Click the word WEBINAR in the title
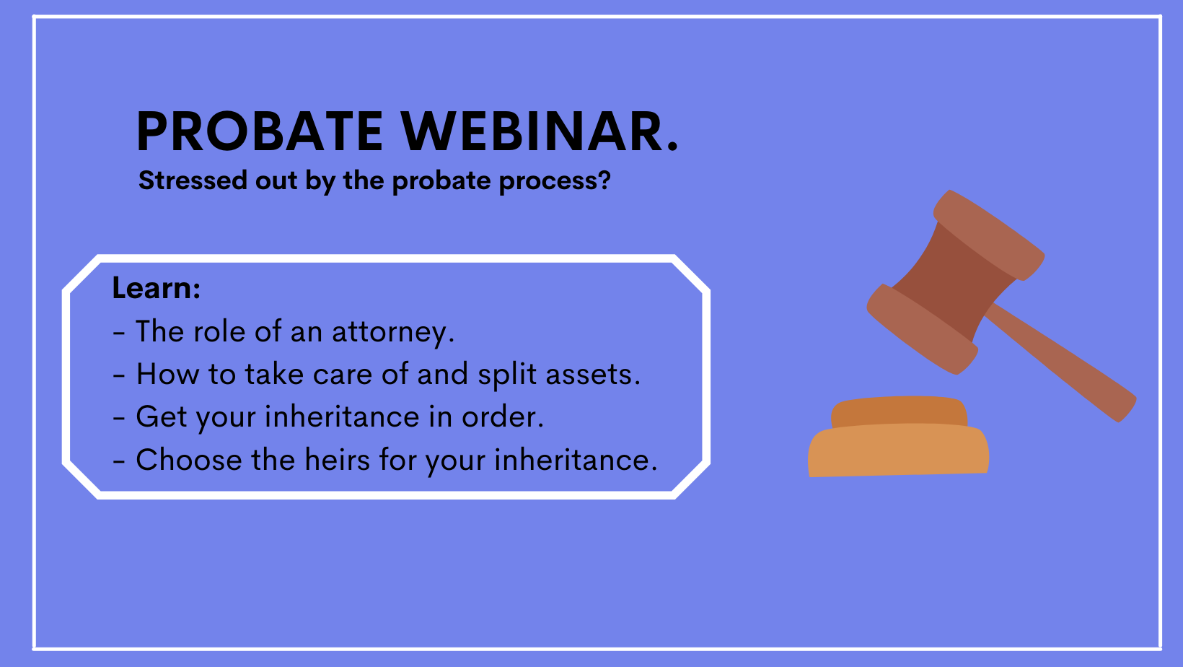point(532,131)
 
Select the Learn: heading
point(157,288)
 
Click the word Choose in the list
point(188,459)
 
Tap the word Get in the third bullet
point(161,417)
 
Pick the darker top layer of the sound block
point(900,411)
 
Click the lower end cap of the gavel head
point(922,329)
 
